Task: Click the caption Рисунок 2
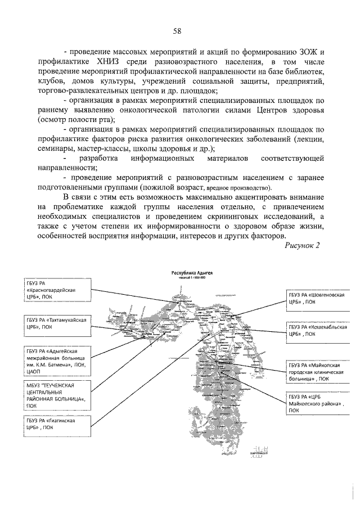301,246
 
